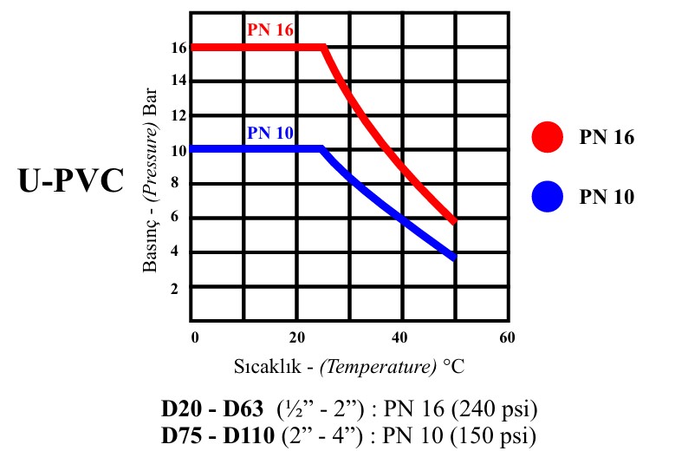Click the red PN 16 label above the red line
tap(270, 29)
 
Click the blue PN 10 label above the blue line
tap(270, 133)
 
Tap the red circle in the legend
tap(548, 136)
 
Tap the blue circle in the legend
tap(548, 197)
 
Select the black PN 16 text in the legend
tap(607, 137)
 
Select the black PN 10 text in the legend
tap(607, 198)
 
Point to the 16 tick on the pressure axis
tap(178, 49)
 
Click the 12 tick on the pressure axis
tap(178, 116)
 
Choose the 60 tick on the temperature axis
tap(507, 337)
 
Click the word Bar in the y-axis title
tap(152, 102)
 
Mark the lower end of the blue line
tap(452, 256)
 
